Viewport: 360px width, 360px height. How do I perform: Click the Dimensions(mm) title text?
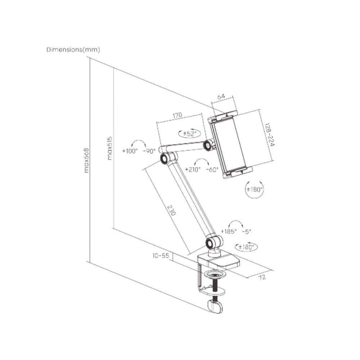[x=73, y=50]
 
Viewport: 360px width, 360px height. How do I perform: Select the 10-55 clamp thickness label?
[x=160, y=256]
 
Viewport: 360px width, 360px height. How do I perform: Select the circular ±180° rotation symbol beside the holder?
[x=253, y=189]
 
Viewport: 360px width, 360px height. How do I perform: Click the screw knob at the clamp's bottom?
[x=215, y=306]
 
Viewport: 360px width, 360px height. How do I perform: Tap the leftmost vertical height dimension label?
[x=86, y=160]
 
